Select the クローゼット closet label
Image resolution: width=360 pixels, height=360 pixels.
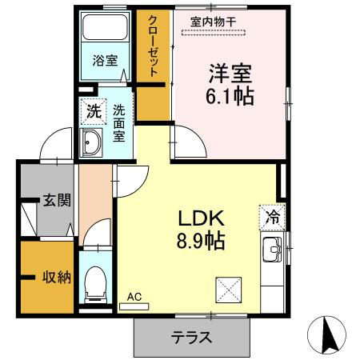tap(153, 46)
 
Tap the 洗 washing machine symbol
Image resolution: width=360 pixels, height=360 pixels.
tap(93, 113)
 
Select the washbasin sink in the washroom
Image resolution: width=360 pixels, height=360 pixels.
tap(91, 145)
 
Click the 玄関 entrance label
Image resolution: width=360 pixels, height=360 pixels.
tap(57, 200)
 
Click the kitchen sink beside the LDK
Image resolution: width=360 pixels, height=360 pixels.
tap(271, 250)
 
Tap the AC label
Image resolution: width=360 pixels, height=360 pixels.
tap(134, 298)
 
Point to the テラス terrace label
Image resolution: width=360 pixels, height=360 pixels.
tap(192, 337)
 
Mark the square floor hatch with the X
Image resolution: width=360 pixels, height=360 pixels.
tap(228, 286)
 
